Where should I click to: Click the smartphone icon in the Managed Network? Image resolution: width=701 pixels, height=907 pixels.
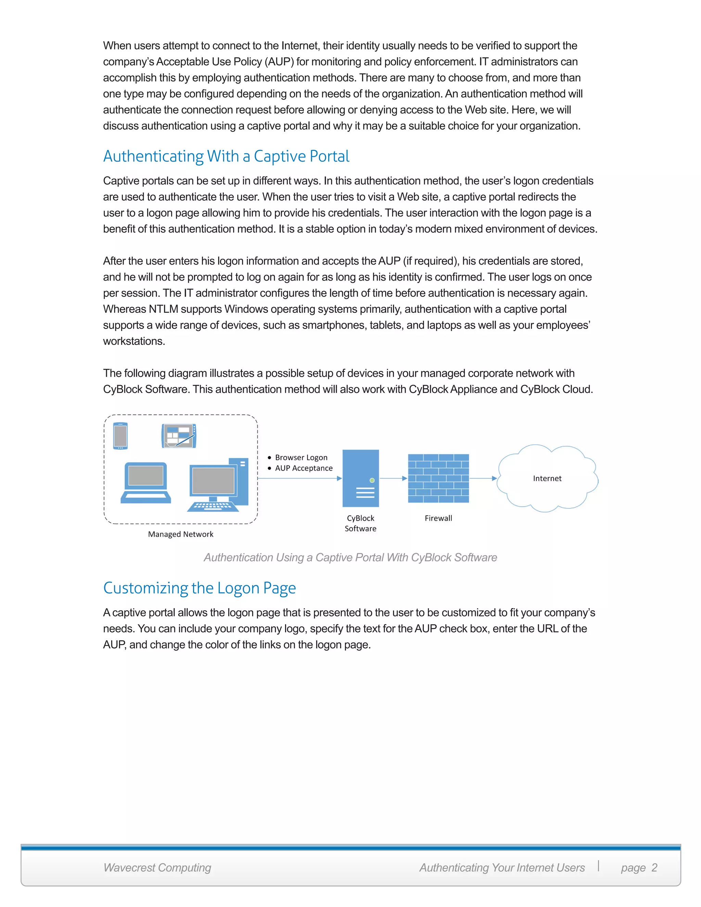pos(120,436)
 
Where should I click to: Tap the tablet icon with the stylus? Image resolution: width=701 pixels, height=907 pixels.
pos(179,436)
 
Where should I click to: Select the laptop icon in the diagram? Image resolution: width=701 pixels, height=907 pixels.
pos(146,483)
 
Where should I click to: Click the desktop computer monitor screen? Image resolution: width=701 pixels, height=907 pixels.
pos(213,481)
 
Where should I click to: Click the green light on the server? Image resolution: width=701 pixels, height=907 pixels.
pos(372,480)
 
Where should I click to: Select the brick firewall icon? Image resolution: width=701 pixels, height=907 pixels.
pos(438,478)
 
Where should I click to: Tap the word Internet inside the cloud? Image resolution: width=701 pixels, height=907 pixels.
pos(547,478)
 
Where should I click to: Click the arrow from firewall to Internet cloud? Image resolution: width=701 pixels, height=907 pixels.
pos(483,478)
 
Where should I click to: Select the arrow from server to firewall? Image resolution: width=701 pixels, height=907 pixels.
pos(393,478)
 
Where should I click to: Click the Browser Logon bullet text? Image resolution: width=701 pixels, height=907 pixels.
pos(301,457)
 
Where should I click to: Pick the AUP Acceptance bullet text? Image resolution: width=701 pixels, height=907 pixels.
pos(304,468)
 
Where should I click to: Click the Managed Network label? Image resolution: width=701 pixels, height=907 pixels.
pos(181,534)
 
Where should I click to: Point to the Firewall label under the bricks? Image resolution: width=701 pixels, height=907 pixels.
pos(438,518)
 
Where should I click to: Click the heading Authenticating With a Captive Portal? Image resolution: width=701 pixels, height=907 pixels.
pos(226,156)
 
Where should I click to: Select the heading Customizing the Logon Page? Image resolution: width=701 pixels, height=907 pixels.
pos(199,588)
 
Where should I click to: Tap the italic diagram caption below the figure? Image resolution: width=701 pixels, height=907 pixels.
pos(350,557)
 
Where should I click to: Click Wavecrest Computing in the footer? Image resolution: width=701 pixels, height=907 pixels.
pos(157,868)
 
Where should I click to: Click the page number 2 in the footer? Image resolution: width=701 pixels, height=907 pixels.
pos(654,868)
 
